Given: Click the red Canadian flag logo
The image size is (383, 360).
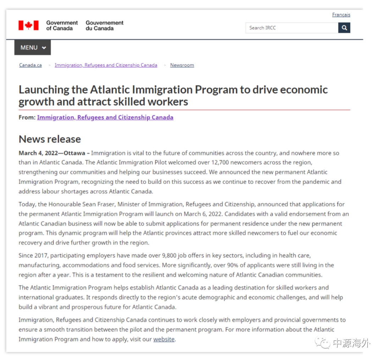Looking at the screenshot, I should tap(28, 26).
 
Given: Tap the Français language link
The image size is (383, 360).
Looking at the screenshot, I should tap(341, 15).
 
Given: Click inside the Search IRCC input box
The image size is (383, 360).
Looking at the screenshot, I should tap(292, 28).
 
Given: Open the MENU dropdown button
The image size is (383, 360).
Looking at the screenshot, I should tap(33, 47).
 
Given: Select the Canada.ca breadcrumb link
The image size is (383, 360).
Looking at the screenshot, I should tap(30, 65).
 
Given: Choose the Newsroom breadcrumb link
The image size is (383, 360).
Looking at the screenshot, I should tap(182, 65).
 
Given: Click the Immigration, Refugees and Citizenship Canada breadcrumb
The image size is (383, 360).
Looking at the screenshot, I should tap(106, 65).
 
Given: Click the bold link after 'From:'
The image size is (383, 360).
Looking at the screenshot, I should tap(105, 117).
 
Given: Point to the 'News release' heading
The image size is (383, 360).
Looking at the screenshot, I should tap(50, 139).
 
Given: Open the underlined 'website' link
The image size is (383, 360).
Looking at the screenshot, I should tap(164, 339).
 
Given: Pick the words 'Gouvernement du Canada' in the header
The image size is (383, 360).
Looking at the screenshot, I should tap(104, 26).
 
